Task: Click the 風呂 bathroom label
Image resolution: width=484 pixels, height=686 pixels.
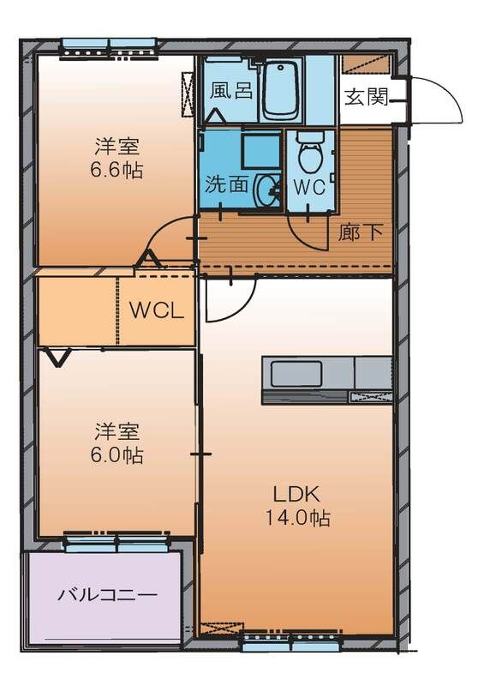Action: (x=232, y=91)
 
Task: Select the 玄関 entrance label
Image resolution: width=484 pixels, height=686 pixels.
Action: (x=365, y=96)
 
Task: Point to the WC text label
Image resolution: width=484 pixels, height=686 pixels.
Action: (x=309, y=187)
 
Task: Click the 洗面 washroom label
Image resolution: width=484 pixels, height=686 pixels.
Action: (x=226, y=184)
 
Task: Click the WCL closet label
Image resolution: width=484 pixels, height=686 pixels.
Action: (x=156, y=310)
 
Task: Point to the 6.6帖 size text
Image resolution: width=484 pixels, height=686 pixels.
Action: (x=117, y=170)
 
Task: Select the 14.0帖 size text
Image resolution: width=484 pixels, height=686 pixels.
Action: (x=296, y=518)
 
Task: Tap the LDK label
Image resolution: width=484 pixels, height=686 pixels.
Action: (x=296, y=495)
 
